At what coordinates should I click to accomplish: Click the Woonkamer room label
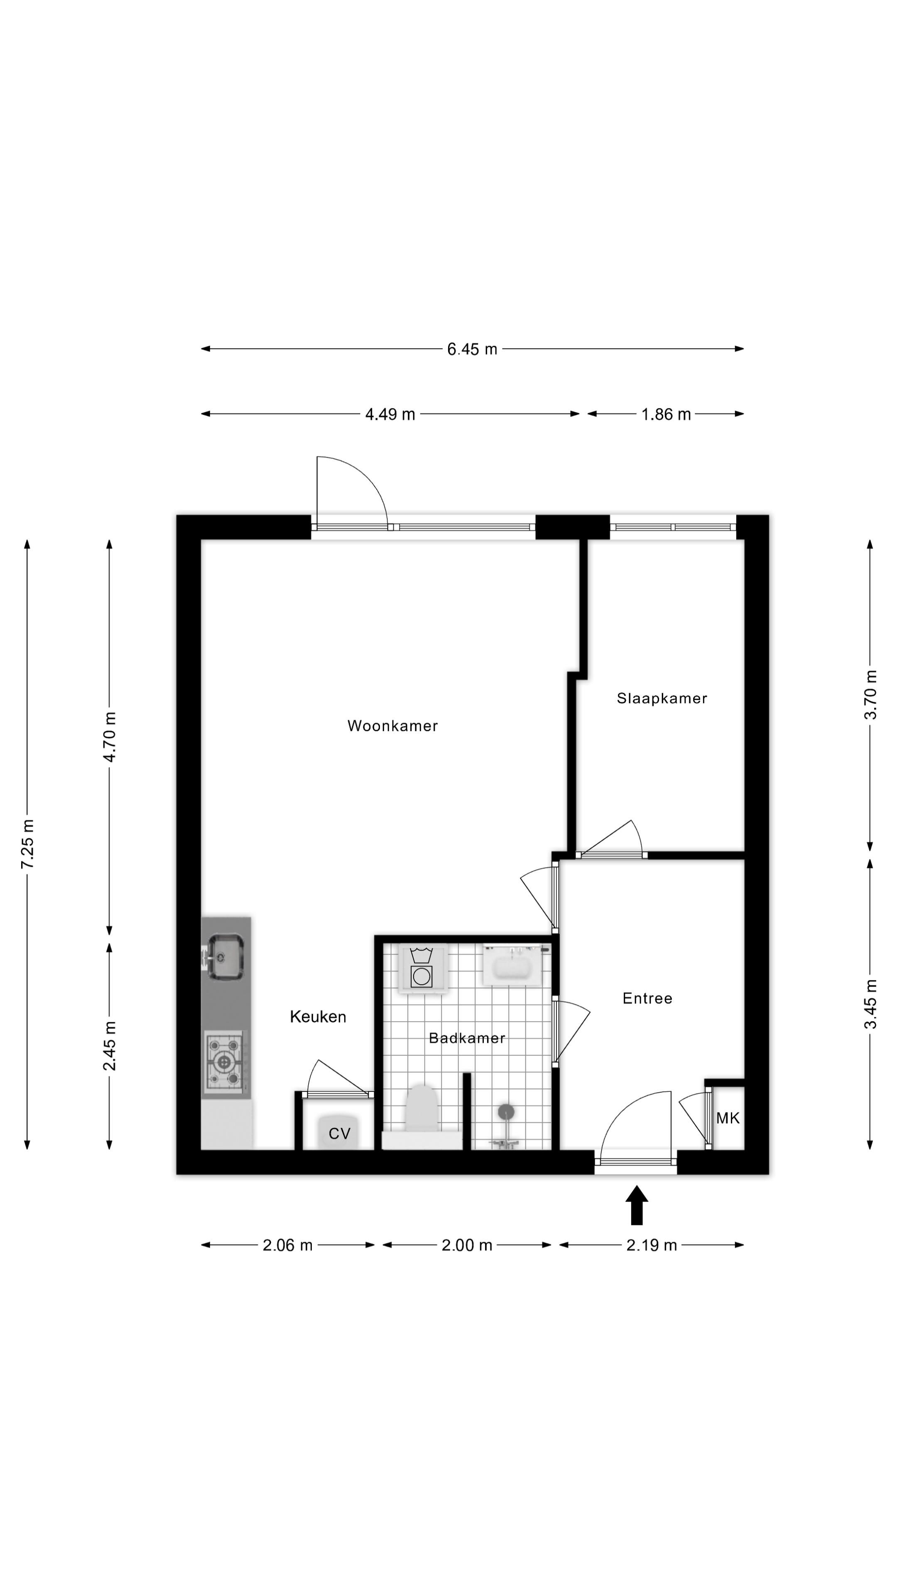392,726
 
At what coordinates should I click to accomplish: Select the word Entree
647,998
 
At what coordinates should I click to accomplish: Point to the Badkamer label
467,1038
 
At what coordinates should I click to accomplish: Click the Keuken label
318,1017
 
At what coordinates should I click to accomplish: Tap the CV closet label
339,1134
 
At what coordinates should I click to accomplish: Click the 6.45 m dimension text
472,350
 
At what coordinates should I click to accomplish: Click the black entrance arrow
636,1205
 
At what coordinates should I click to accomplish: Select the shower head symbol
506,1112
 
